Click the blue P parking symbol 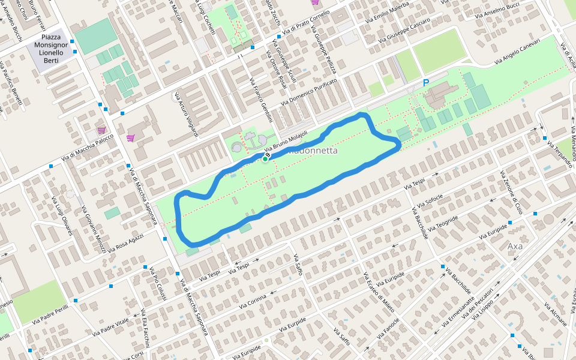tap(426, 83)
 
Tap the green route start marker tap(265, 159)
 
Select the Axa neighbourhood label tap(515, 247)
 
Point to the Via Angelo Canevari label tap(517, 52)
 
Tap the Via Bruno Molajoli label tap(286, 141)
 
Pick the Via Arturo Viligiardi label tap(187, 114)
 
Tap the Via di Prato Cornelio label tap(307, 22)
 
